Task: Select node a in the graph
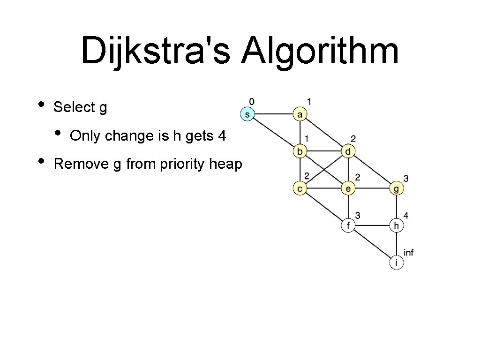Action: [300, 114]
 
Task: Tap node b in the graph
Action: [300, 151]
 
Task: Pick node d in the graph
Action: [348, 151]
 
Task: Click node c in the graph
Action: [300, 188]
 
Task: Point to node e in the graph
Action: [348, 188]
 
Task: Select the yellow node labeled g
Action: [397, 188]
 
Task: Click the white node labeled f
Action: [348, 225]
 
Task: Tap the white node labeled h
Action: [397, 225]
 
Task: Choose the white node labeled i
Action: [397, 263]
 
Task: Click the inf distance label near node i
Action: [408, 253]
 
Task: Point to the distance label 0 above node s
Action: [252, 101]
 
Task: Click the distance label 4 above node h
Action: [406, 216]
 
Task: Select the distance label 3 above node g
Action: [406, 179]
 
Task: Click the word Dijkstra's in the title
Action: [155, 52]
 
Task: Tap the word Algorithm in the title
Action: [320, 52]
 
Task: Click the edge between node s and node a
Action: [273, 114]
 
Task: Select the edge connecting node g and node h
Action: [397, 207]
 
